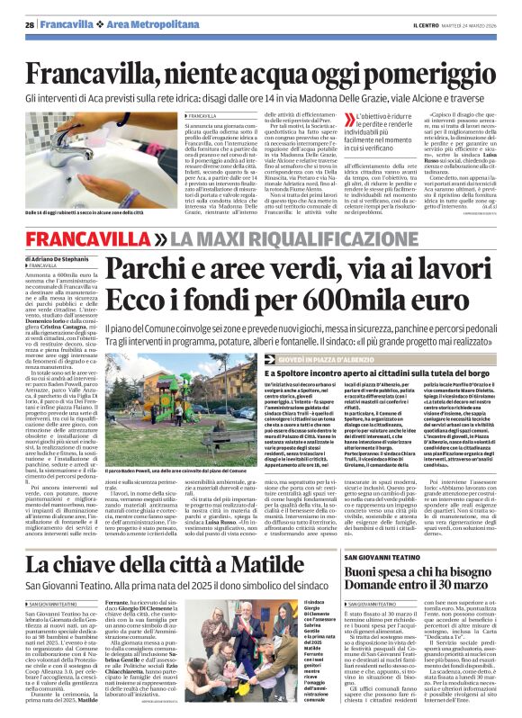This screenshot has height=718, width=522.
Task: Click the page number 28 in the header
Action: tap(30, 25)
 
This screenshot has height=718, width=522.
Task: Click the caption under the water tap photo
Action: tap(101, 212)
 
